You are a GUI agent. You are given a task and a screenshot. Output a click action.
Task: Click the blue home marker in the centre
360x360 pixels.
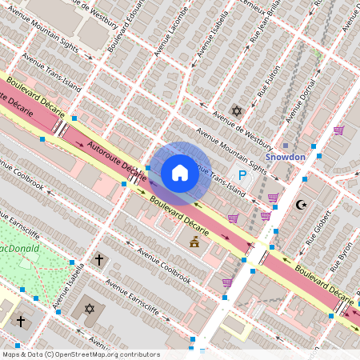coord(180,172)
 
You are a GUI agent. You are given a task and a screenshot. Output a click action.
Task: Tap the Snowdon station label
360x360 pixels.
coord(286,157)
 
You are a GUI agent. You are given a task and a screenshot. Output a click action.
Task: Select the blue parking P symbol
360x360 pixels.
coord(240,174)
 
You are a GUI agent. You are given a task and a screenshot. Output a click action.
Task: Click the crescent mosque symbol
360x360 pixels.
coord(301,205)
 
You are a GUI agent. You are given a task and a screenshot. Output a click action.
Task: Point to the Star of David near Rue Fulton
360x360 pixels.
coord(235,110)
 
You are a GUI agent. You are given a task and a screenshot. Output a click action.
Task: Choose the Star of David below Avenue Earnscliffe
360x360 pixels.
coord(88,308)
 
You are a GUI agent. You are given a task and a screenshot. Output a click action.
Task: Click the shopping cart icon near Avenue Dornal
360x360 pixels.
coord(338,130)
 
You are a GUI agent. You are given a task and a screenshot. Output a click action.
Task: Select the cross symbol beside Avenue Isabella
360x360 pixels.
coord(99,259)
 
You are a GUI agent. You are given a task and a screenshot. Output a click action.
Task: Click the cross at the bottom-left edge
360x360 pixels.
coord(21,322)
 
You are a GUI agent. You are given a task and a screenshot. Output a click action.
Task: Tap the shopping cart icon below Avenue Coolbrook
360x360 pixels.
coord(227,282)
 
